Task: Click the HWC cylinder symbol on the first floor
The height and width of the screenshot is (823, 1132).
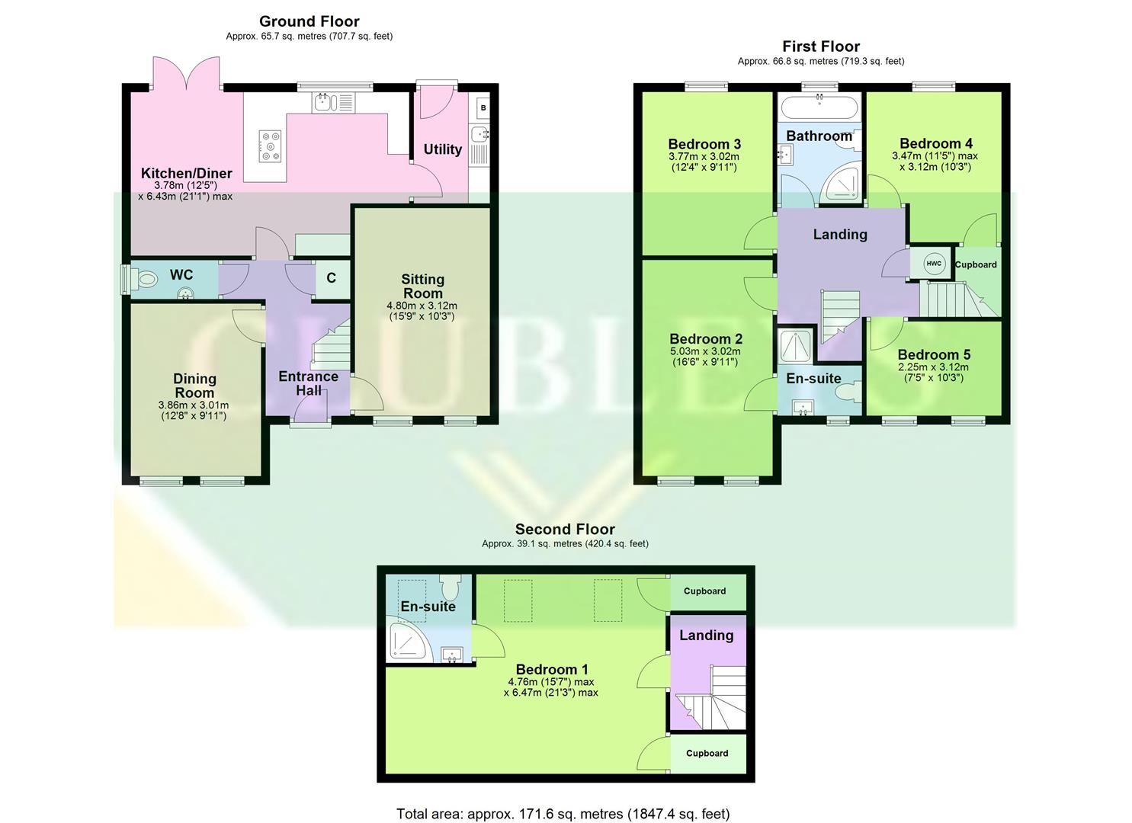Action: coord(933,264)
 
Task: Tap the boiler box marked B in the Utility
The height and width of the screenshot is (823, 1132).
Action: coord(483,109)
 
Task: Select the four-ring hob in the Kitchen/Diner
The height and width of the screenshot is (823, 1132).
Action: coord(271,146)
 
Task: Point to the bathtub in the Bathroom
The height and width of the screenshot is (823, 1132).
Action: coord(819,107)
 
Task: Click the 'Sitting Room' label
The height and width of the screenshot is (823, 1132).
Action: coord(422,287)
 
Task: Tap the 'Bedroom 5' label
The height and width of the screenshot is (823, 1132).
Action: coord(934,354)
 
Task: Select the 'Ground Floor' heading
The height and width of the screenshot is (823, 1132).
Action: coord(309,21)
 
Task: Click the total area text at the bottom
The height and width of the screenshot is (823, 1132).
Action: coord(563,814)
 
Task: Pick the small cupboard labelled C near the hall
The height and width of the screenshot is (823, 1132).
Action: coord(331,278)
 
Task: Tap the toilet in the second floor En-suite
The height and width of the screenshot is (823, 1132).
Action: coord(451,588)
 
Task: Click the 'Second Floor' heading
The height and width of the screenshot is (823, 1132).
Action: coord(565,529)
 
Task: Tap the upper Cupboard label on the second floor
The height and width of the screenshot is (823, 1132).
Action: coord(704,591)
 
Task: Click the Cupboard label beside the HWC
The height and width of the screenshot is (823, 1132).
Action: coord(976,265)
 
